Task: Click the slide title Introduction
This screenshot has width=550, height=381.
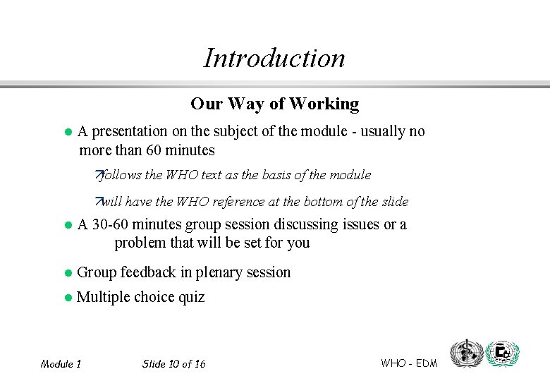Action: click(x=274, y=58)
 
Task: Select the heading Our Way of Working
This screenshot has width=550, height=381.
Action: click(x=274, y=104)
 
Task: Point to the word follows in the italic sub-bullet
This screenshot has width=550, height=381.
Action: click(x=122, y=175)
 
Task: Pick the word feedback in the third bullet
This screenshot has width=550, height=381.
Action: click(x=148, y=272)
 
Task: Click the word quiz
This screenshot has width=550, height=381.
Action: click(x=191, y=297)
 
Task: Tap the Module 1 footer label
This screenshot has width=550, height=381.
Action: click(x=61, y=364)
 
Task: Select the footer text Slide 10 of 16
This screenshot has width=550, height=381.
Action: click(x=173, y=364)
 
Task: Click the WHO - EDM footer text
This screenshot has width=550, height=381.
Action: click(x=409, y=363)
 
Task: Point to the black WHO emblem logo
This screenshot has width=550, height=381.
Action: click(x=466, y=353)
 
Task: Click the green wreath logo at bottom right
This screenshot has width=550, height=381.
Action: click(x=503, y=353)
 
